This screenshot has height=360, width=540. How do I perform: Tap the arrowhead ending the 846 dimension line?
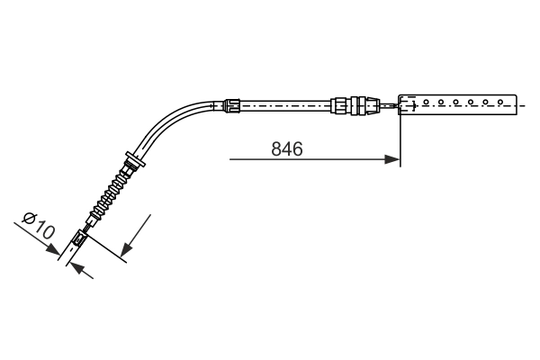pos(393,160)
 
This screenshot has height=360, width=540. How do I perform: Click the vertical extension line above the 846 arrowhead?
pos(399,135)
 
